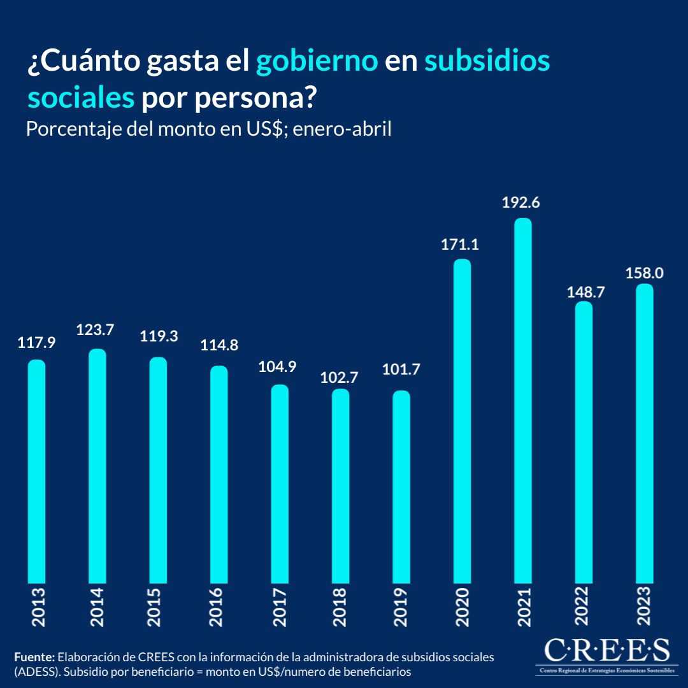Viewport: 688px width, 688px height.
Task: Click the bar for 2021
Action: [523, 401]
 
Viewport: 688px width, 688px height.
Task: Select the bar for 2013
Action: [37, 471]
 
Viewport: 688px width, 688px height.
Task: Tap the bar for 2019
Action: [401, 487]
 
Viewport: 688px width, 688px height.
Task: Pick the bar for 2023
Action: [645, 433]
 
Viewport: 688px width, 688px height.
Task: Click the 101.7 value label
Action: [401, 369]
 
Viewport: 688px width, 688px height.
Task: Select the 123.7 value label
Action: [96, 330]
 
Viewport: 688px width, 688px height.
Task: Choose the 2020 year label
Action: [462, 607]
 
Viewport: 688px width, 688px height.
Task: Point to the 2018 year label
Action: [340, 607]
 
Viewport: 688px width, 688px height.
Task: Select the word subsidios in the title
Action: [487, 62]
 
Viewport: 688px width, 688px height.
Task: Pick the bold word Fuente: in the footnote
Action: [34, 657]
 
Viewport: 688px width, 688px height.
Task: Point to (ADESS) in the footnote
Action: [34, 671]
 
